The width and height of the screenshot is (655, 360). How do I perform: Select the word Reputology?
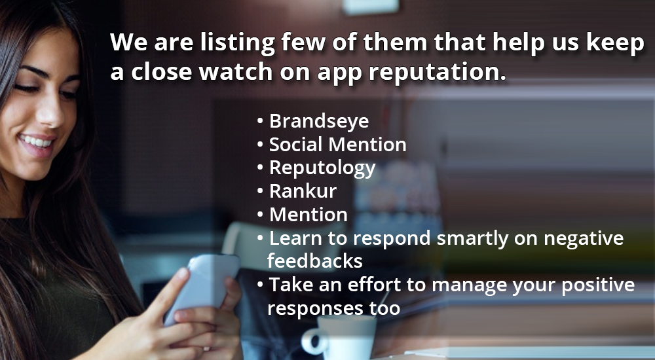pyautogui.click(x=322, y=168)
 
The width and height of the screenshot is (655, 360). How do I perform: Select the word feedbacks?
pyautogui.click(x=315, y=261)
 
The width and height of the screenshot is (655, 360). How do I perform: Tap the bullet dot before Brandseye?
pyautogui.click(x=260, y=121)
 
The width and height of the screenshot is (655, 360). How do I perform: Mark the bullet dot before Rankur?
pyautogui.click(x=260, y=190)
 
